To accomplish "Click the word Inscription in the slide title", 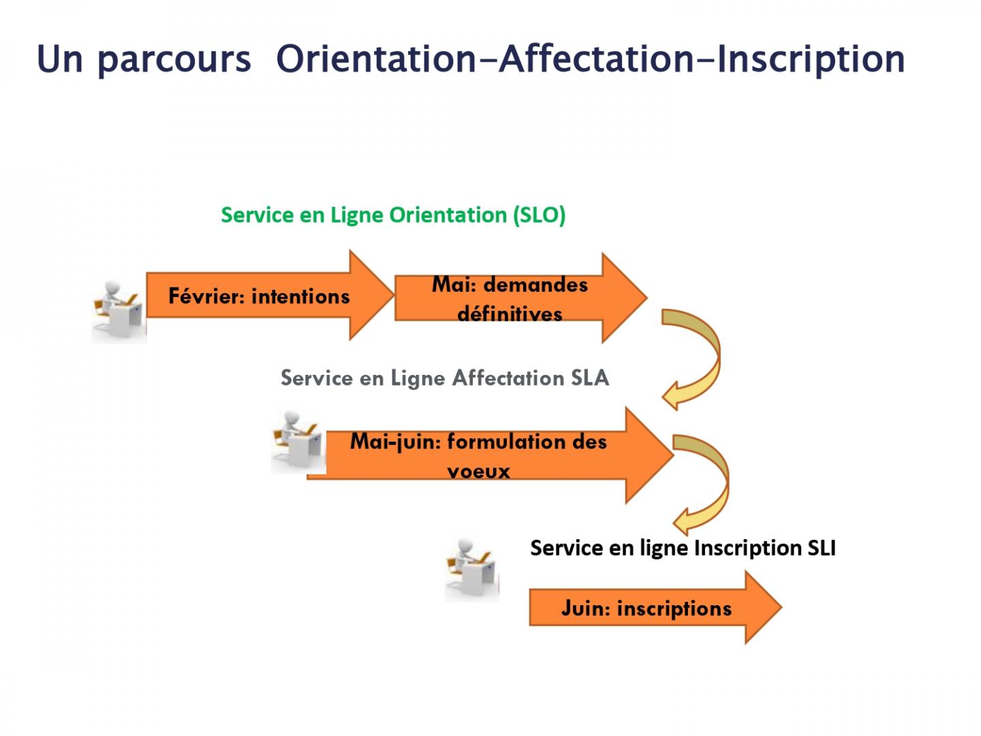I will (811, 59).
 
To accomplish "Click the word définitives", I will (510, 314).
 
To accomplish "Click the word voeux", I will (478, 471).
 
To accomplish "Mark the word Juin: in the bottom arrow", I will (585, 608).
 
